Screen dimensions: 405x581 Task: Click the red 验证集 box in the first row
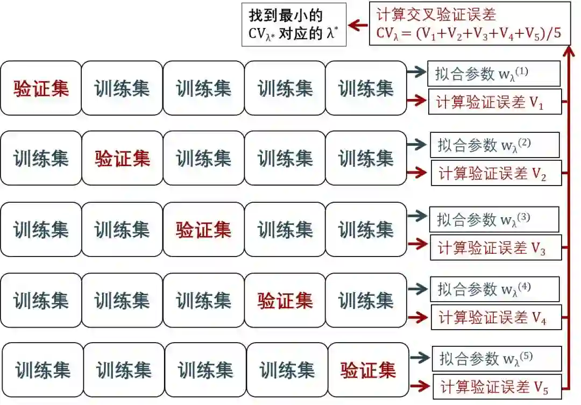[41, 88]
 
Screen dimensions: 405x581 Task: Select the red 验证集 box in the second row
[122, 158]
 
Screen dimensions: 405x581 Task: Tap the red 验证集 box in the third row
[203, 230]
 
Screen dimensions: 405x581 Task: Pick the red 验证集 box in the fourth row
[285, 300]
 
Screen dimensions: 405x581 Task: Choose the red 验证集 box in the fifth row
[368, 370]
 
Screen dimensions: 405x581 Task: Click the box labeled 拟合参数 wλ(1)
[494, 74]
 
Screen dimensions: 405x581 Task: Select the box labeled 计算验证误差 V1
[494, 102]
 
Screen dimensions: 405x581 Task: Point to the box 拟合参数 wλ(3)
[494, 219]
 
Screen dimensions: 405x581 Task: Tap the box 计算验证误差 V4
[495, 317]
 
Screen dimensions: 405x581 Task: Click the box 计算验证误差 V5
[497, 386]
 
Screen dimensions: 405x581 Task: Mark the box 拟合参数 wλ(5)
[497, 358]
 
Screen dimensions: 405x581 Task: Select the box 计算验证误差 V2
[495, 173]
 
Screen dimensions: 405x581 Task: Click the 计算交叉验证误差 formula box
[470, 24]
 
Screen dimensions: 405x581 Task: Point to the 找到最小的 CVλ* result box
[293, 25]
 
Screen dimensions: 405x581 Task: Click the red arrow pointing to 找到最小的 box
[358, 25]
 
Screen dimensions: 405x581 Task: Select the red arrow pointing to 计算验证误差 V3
[417, 244]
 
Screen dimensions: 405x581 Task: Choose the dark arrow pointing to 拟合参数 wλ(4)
[417, 289]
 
